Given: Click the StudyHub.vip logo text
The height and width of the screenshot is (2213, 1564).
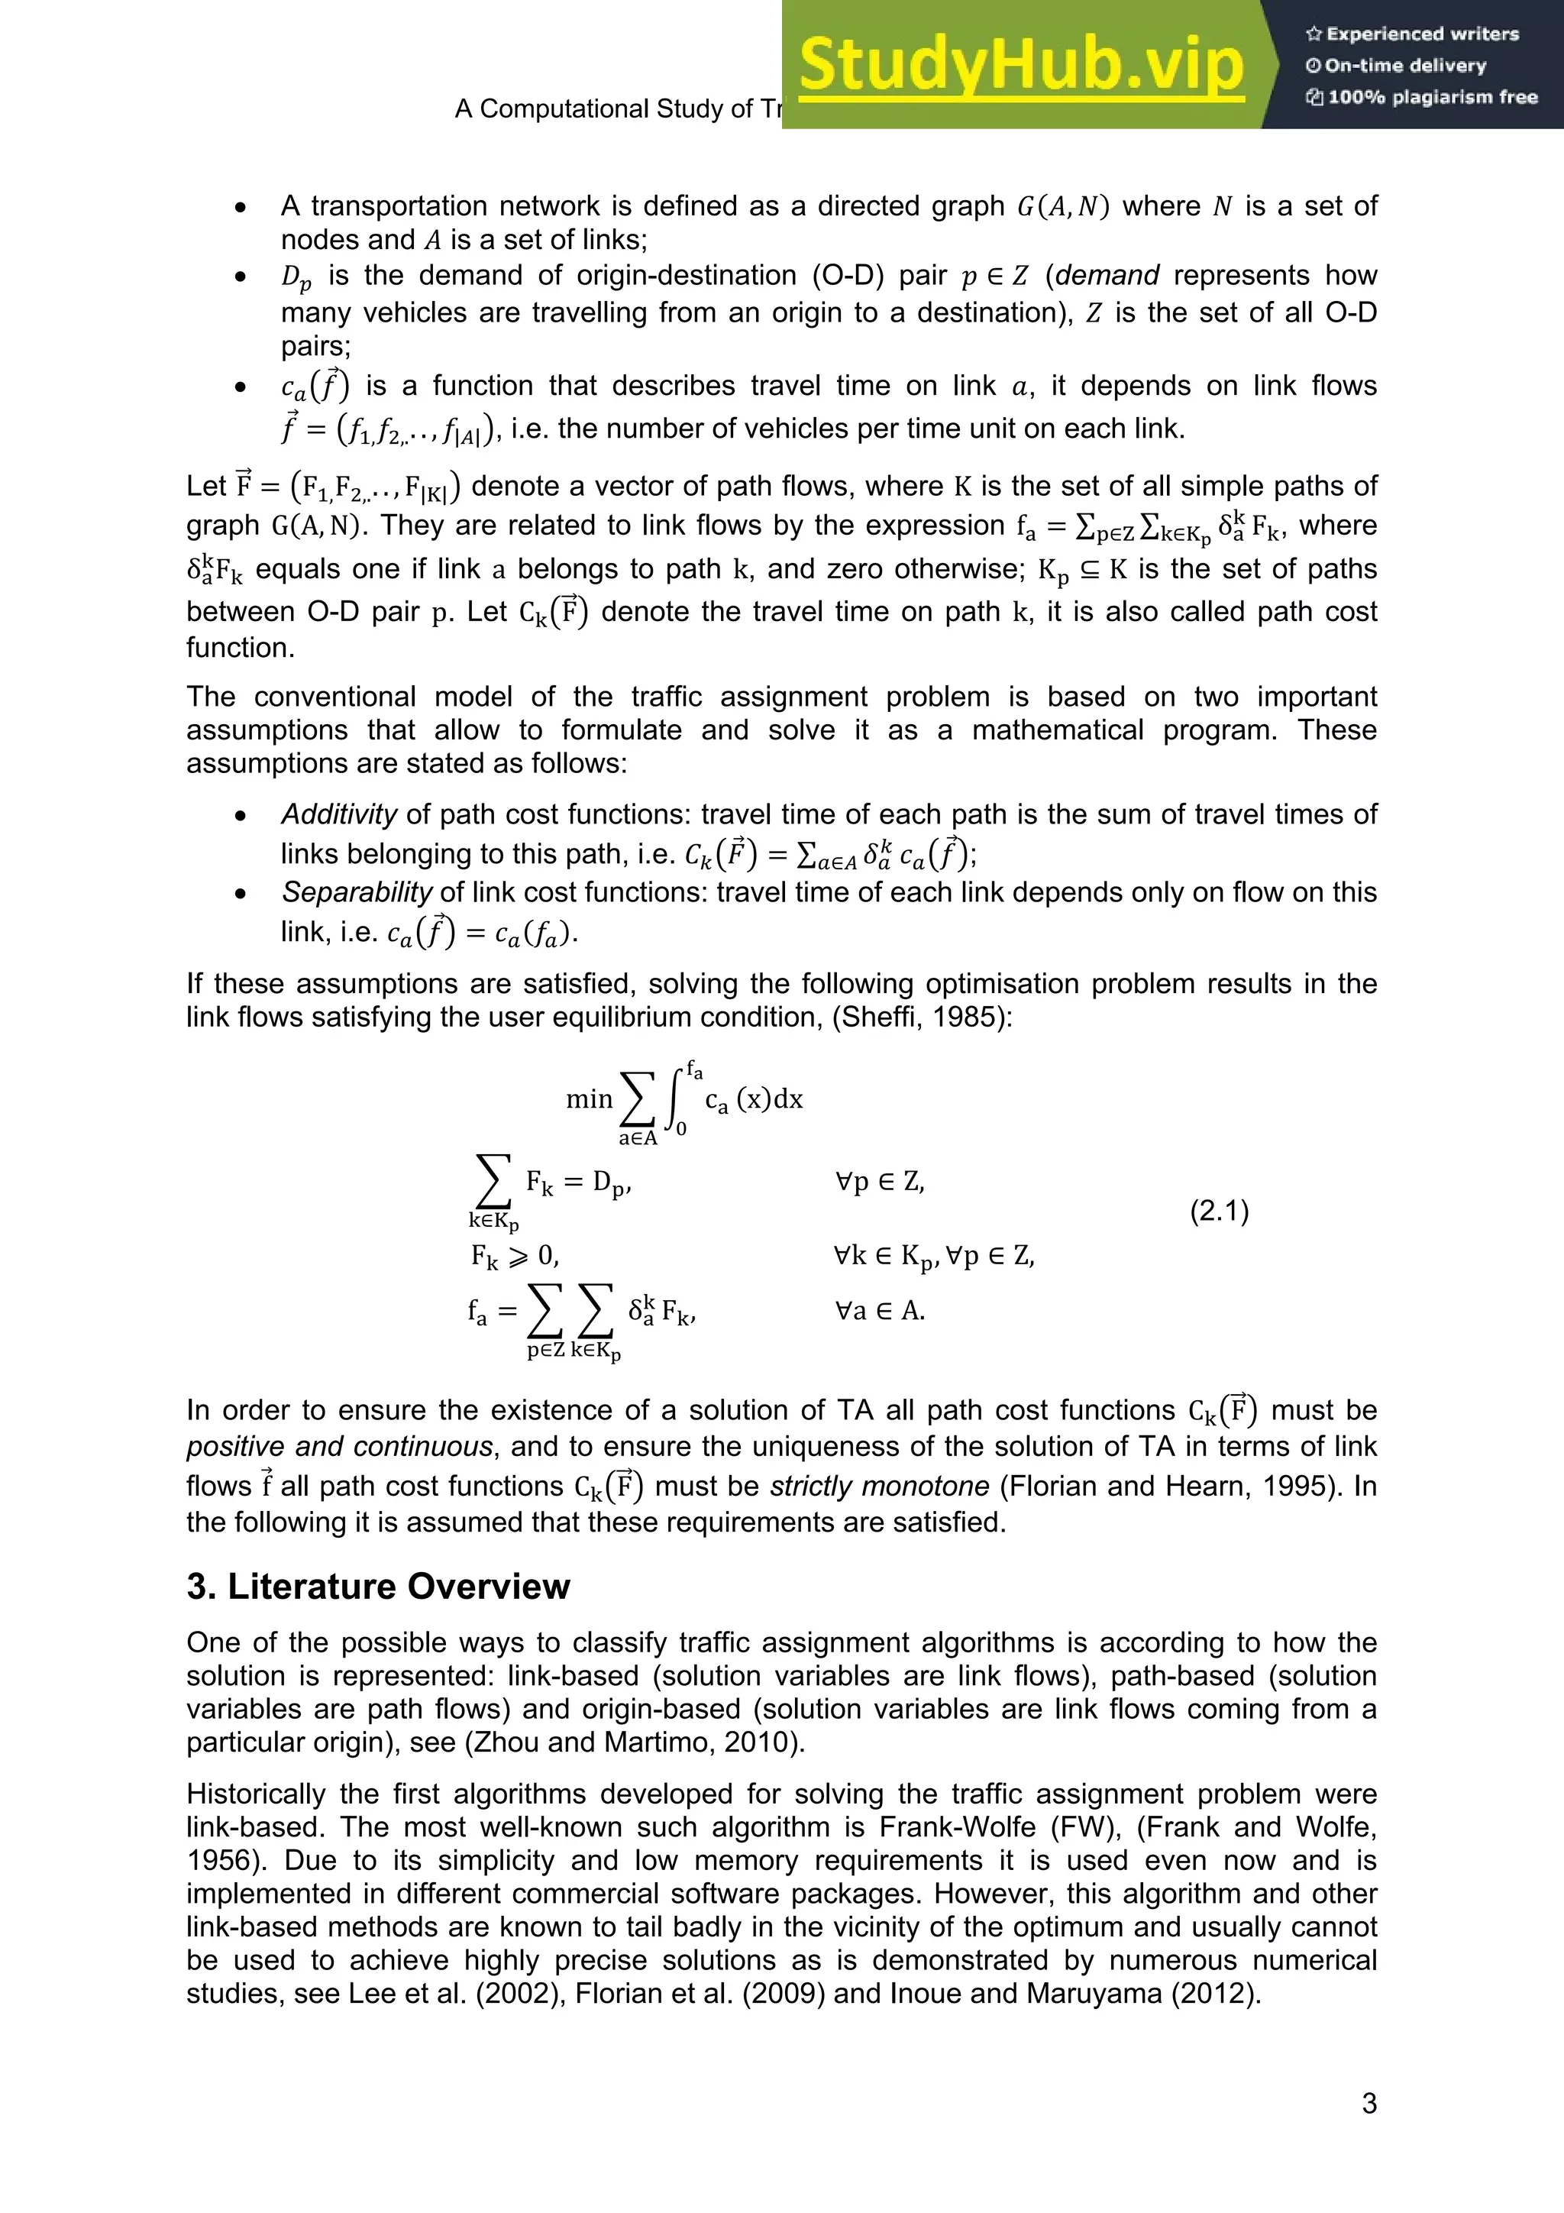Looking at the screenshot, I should click(x=1022, y=66).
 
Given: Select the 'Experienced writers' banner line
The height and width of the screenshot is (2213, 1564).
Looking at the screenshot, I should click(x=1412, y=34).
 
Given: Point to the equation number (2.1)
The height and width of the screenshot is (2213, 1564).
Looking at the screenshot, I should click(x=1219, y=1211).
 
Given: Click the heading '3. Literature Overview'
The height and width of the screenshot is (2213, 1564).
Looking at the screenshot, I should click(x=378, y=1587).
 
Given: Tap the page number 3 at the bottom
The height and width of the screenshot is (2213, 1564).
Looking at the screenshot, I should click(x=1368, y=2103).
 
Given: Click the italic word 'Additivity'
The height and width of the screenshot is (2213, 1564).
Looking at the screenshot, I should click(x=338, y=814).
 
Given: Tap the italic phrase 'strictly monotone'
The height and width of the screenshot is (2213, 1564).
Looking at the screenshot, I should click(x=879, y=1487).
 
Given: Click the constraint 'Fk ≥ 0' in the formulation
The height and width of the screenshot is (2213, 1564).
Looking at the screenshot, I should click(x=514, y=1256).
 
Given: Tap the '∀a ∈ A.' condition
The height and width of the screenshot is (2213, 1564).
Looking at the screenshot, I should click(x=879, y=1311).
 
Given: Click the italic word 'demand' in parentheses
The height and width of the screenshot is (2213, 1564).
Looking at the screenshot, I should click(x=1107, y=276).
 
